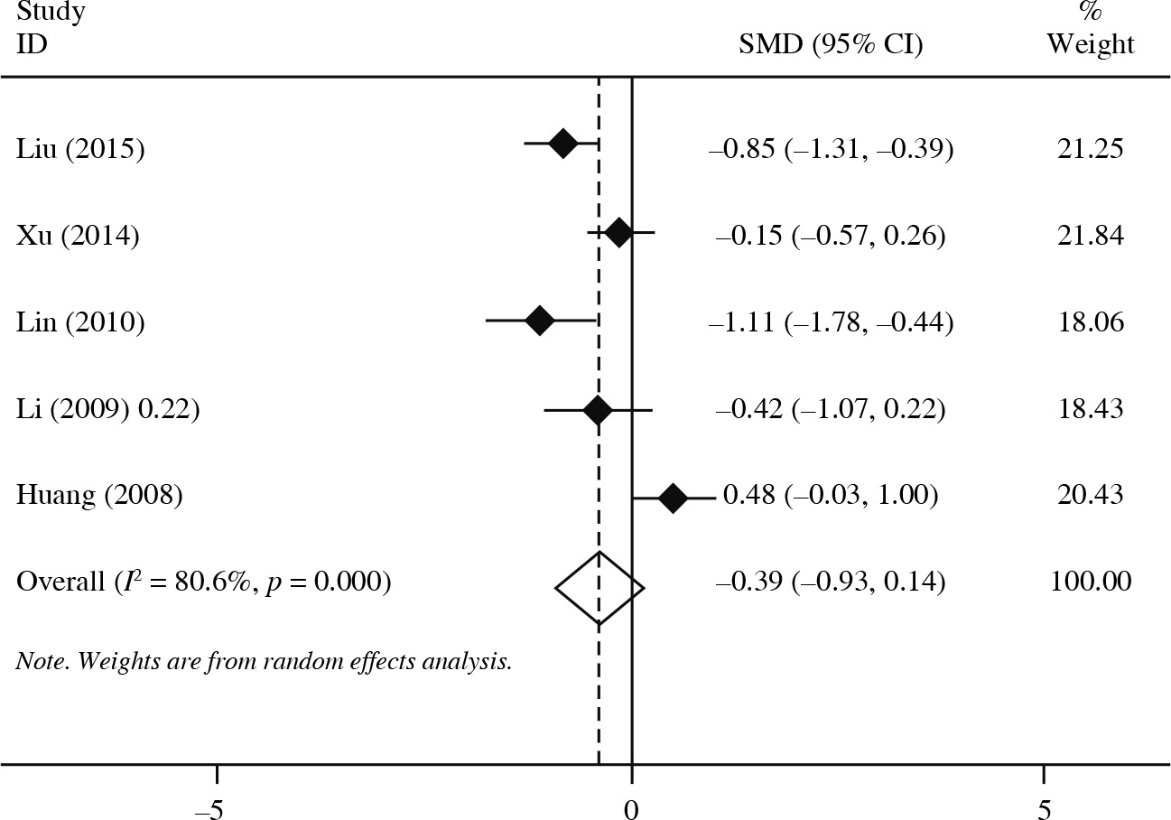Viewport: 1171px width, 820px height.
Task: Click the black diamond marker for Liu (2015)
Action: (x=562, y=144)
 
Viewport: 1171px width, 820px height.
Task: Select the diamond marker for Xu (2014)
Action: (x=618, y=234)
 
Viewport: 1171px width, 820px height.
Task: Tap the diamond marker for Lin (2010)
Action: (x=539, y=321)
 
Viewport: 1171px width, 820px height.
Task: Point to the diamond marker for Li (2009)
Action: (x=598, y=410)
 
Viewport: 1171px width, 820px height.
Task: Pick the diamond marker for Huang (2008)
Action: (x=673, y=497)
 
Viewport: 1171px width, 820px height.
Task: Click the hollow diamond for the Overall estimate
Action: (x=599, y=588)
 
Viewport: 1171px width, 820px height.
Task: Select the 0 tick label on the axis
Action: (x=631, y=806)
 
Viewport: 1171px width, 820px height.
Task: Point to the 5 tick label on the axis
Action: (x=1044, y=806)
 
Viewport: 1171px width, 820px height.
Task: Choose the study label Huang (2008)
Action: (x=99, y=496)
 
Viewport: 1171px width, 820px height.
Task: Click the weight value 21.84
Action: (x=1091, y=236)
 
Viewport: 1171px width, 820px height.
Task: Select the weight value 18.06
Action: (x=1091, y=322)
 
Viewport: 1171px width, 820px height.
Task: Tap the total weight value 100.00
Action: (x=1091, y=582)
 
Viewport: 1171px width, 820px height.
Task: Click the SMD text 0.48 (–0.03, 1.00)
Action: (x=831, y=496)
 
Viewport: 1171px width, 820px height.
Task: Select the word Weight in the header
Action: (x=1091, y=44)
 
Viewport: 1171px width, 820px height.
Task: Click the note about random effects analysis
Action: (x=265, y=662)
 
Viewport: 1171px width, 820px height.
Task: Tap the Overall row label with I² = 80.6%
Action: (x=204, y=582)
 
